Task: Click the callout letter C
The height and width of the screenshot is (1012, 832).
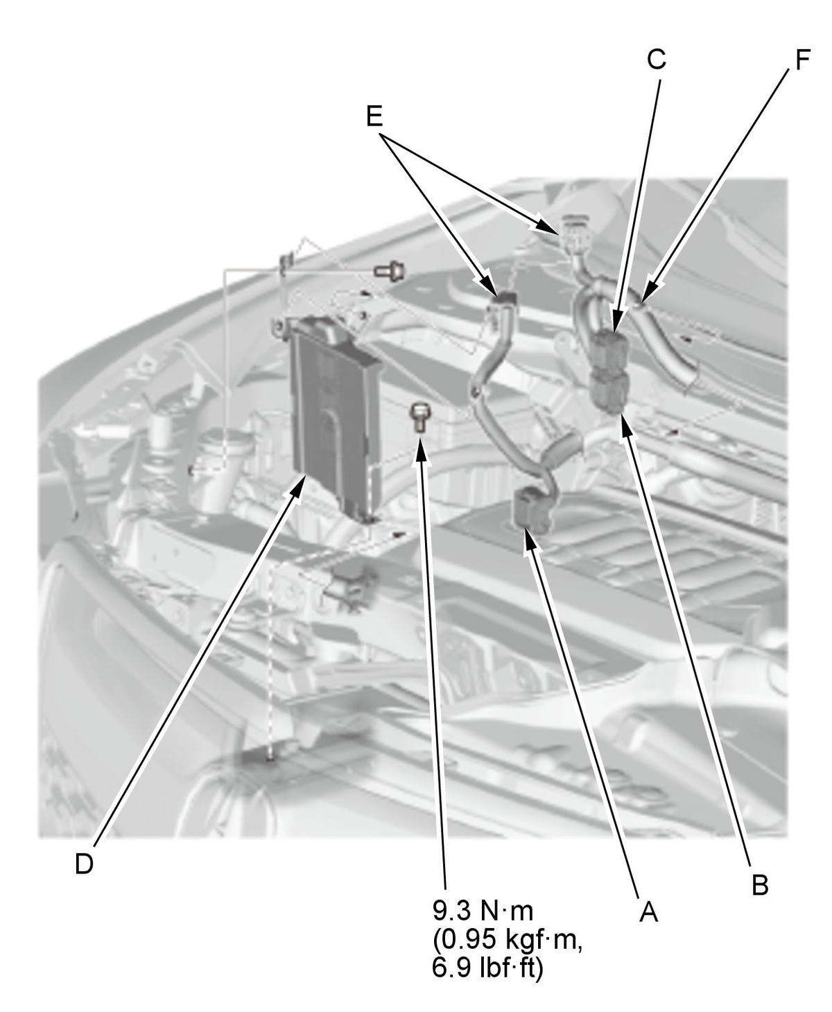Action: [x=657, y=60]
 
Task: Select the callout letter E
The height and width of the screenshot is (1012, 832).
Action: [x=374, y=116]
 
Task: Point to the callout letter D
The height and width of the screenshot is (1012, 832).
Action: [x=84, y=891]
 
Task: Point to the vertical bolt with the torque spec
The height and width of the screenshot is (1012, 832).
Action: [x=419, y=417]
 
